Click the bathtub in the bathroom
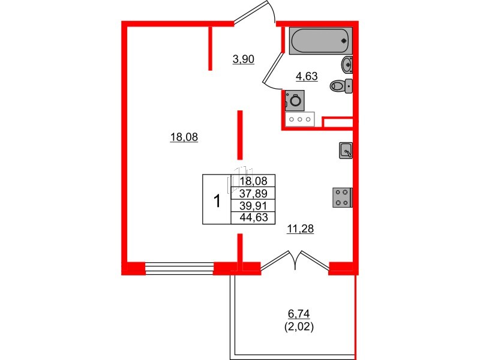[319, 41]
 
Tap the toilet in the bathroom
[341, 86]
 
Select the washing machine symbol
[295, 100]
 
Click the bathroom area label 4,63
[305, 76]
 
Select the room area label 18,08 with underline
[184, 137]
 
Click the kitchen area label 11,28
[301, 228]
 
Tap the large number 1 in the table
[217, 199]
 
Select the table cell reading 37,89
[253, 193]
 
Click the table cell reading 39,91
[253, 205]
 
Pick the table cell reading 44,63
[253, 217]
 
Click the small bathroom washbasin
[347, 64]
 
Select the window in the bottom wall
[179, 268]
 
